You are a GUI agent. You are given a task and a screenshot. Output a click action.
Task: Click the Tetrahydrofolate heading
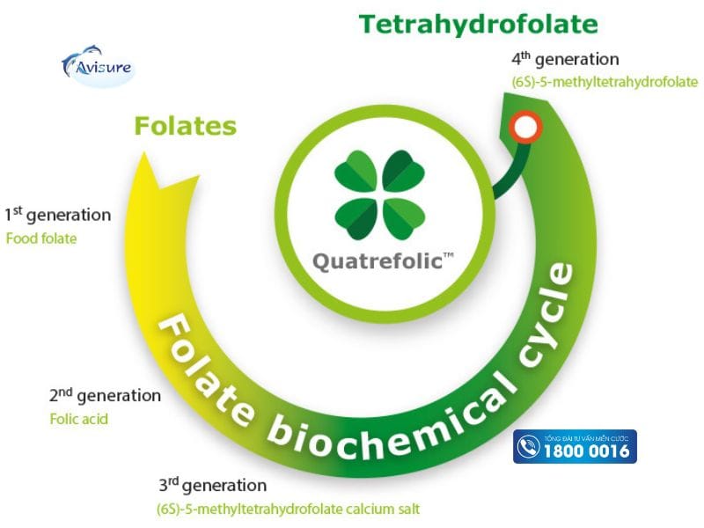478,24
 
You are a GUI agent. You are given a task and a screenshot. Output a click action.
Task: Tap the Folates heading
185,126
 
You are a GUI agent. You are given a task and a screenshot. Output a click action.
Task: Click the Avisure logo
96,65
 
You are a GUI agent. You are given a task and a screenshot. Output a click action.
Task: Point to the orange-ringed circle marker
525,128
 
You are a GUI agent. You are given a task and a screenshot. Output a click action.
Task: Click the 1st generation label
58,215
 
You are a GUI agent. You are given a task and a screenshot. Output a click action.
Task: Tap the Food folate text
41,238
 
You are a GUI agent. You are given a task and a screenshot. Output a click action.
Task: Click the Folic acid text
78,419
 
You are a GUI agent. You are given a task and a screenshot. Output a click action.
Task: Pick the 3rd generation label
212,485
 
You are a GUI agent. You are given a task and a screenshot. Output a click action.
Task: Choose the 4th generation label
565,60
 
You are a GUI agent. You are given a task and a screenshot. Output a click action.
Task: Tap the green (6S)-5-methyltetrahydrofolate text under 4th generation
605,82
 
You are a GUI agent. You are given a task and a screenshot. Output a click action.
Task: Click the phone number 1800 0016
587,451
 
